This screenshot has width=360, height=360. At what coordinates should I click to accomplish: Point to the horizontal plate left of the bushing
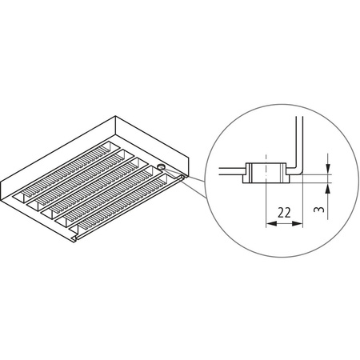pos(228,169)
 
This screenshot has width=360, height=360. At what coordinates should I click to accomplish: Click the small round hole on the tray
pos(162,168)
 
